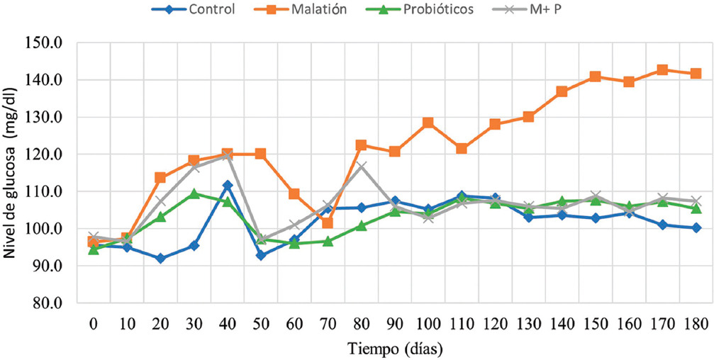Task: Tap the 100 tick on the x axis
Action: click(x=428, y=323)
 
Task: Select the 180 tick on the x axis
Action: click(x=696, y=323)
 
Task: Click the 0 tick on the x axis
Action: click(x=93, y=323)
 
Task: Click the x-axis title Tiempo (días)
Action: click(x=395, y=349)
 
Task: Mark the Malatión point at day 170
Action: click(x=662, y=70)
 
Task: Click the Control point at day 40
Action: click(x=227, y=185)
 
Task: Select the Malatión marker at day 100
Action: click(x=428, y=123)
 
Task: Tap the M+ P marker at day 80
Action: click(x=361, y=167)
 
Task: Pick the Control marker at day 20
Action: click(x=160, y=259)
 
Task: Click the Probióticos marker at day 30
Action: click(x=194, y=193)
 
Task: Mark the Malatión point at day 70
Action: click(x=328, y=223)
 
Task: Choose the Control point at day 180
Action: click(x=696, y=227)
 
